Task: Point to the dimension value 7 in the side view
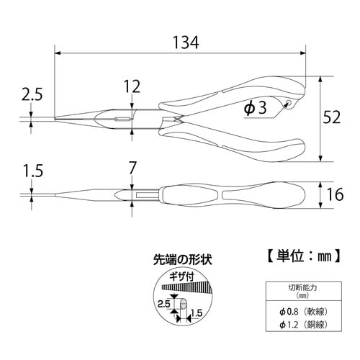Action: point(132,169)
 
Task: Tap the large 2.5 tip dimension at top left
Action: point(32,94)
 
